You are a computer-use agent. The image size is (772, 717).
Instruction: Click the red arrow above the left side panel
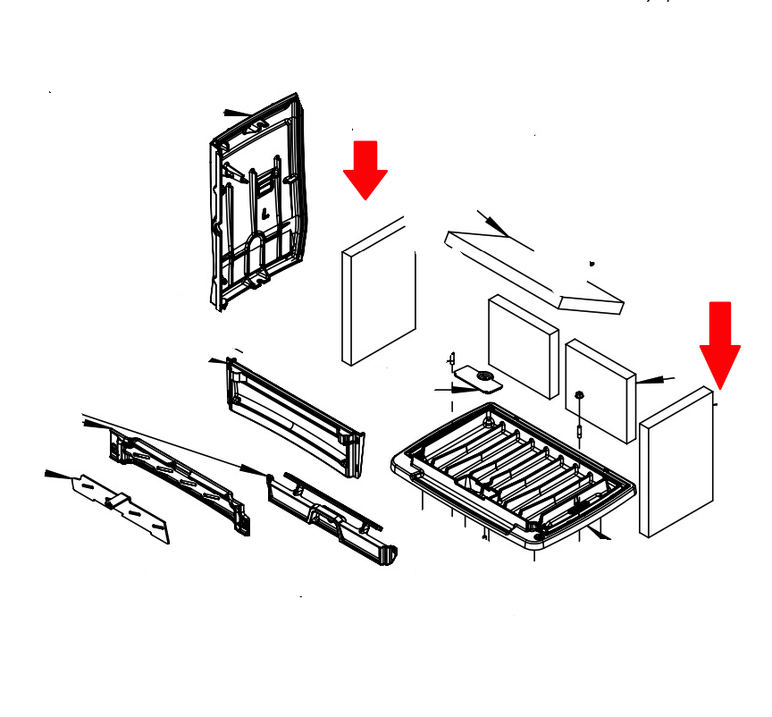point(365,169)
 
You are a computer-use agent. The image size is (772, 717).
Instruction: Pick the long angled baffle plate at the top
point(534,272)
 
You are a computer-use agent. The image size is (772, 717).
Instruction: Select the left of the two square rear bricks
point(523,346)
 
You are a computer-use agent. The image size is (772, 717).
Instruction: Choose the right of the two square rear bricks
point(600,390)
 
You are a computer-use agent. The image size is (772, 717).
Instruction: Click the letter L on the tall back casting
point(265,213)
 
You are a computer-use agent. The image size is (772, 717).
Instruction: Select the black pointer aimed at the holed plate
point(456,390)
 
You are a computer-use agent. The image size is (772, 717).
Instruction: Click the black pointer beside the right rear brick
point(654,380)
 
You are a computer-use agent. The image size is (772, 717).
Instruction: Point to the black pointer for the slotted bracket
point(60,474)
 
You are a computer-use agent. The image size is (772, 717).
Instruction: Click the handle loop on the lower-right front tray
point(325,515)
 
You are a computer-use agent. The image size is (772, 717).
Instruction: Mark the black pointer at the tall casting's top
point(237,114)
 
